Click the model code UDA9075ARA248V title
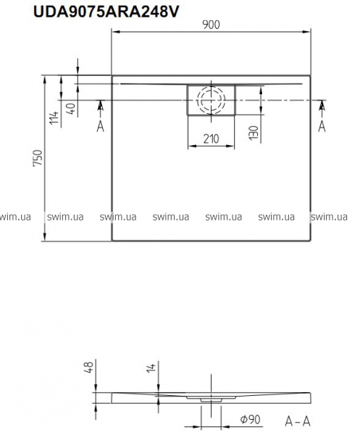(x=106, y=12)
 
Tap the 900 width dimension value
(x=211, y=25)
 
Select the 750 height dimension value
(x=38, y=158)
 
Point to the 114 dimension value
(x=54, y=117)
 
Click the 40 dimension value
(x=71, y=109)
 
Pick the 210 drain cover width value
(x=212, y=138)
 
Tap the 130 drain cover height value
(x=254, y=133)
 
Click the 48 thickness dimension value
(x=90, y=366)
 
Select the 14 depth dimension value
(x=151, y=367)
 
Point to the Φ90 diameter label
(x=250, y=420)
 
